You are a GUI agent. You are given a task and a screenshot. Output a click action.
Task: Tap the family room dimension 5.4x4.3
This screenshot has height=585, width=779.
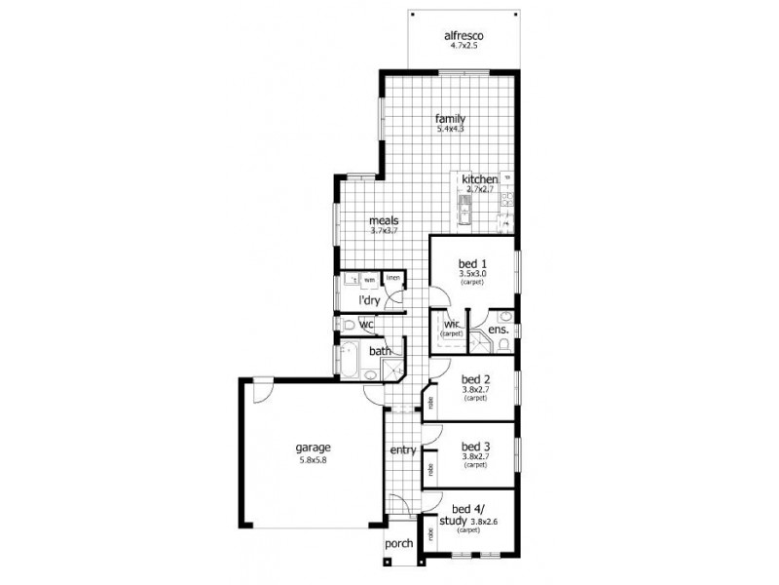tap(450, 129)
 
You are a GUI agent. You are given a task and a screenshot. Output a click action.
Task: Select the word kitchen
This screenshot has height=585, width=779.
tap(480, 180)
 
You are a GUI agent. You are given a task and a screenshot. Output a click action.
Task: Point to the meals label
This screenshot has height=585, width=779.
tap(384, 220)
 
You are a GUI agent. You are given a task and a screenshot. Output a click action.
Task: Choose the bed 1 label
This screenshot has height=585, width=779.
tap(473, 262)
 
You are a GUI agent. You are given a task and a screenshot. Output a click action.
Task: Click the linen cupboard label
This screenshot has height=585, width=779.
tap(393, 279)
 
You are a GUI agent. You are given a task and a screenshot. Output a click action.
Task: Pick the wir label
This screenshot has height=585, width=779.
tap(452, 324)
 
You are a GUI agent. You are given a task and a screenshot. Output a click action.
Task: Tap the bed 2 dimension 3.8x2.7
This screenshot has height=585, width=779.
tap(474, 390)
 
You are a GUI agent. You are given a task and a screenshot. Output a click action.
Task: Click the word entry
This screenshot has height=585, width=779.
tap(403, 449)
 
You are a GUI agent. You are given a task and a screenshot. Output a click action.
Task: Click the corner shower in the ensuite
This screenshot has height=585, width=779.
tap(480, 342)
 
